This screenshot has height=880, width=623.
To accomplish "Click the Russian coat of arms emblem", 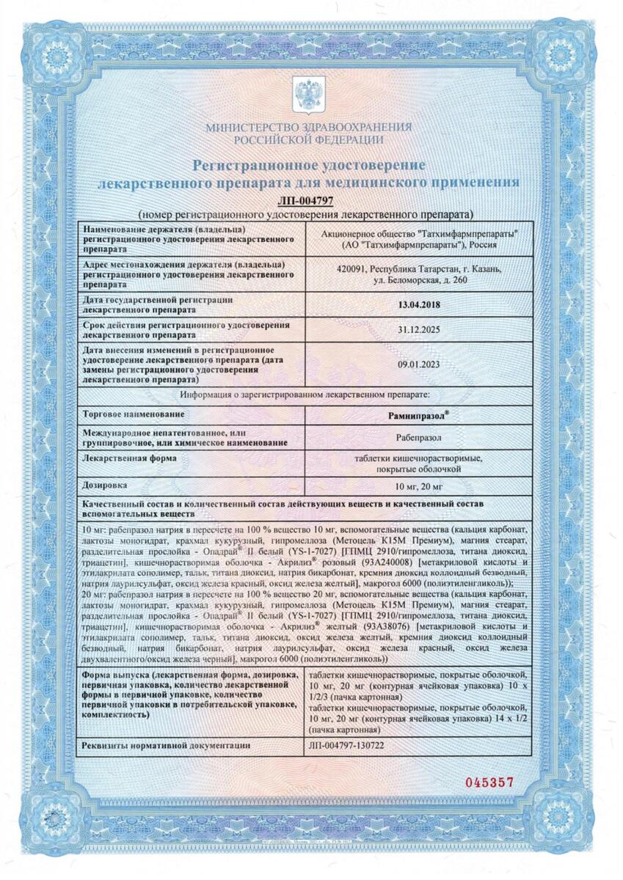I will point(308,95).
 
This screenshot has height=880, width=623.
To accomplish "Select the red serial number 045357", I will point(490,782).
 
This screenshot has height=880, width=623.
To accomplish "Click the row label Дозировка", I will point(106,485).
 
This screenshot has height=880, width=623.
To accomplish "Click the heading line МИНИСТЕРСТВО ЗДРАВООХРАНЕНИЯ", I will point(308,127).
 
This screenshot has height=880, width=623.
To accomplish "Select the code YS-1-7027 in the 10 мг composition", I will point(316,551).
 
